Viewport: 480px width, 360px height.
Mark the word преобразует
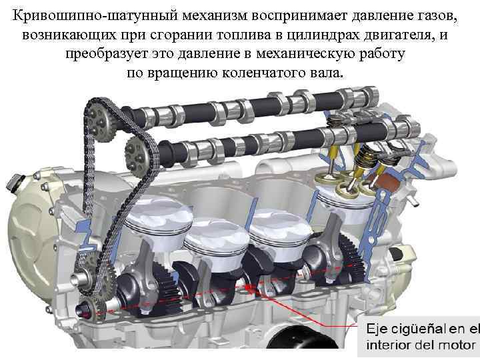(105, 52)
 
